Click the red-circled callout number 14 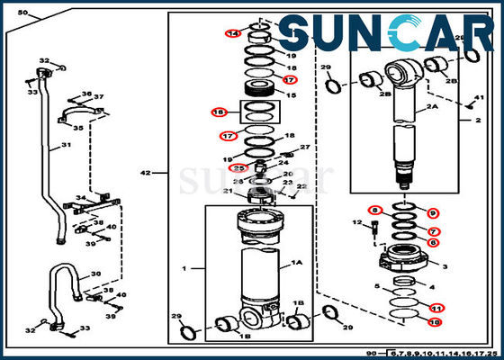click(233, 33)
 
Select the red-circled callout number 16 click(218, 112)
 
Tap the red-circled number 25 click(239, 167)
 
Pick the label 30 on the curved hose click(96, 274)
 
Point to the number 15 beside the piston click(291, 94)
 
